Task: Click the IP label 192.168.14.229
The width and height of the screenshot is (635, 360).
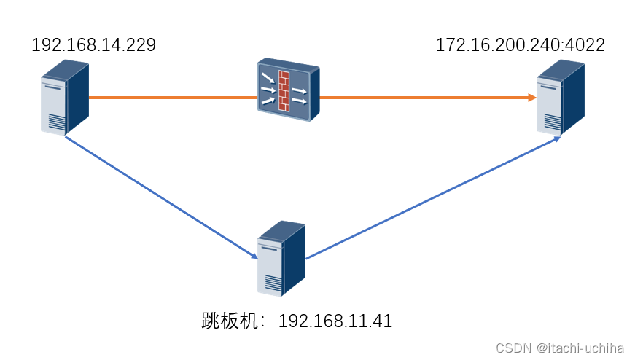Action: pos(93,45)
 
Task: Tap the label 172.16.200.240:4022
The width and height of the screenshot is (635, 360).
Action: pos(520,44)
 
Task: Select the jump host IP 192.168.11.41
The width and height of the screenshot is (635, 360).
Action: pos(335,321)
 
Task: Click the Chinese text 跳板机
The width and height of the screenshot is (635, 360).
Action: pos(233,321)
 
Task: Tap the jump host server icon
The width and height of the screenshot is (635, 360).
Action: pos(281,258)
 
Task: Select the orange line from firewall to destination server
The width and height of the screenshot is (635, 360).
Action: pos(423,97)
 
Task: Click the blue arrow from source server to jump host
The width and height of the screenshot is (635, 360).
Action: pos(160,197)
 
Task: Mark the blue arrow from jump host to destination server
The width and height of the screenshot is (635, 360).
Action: pos(430,197)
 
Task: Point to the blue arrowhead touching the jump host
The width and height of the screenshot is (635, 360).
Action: pos(253,256)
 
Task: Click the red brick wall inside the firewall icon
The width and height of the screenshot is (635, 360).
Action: pos(284,90)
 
